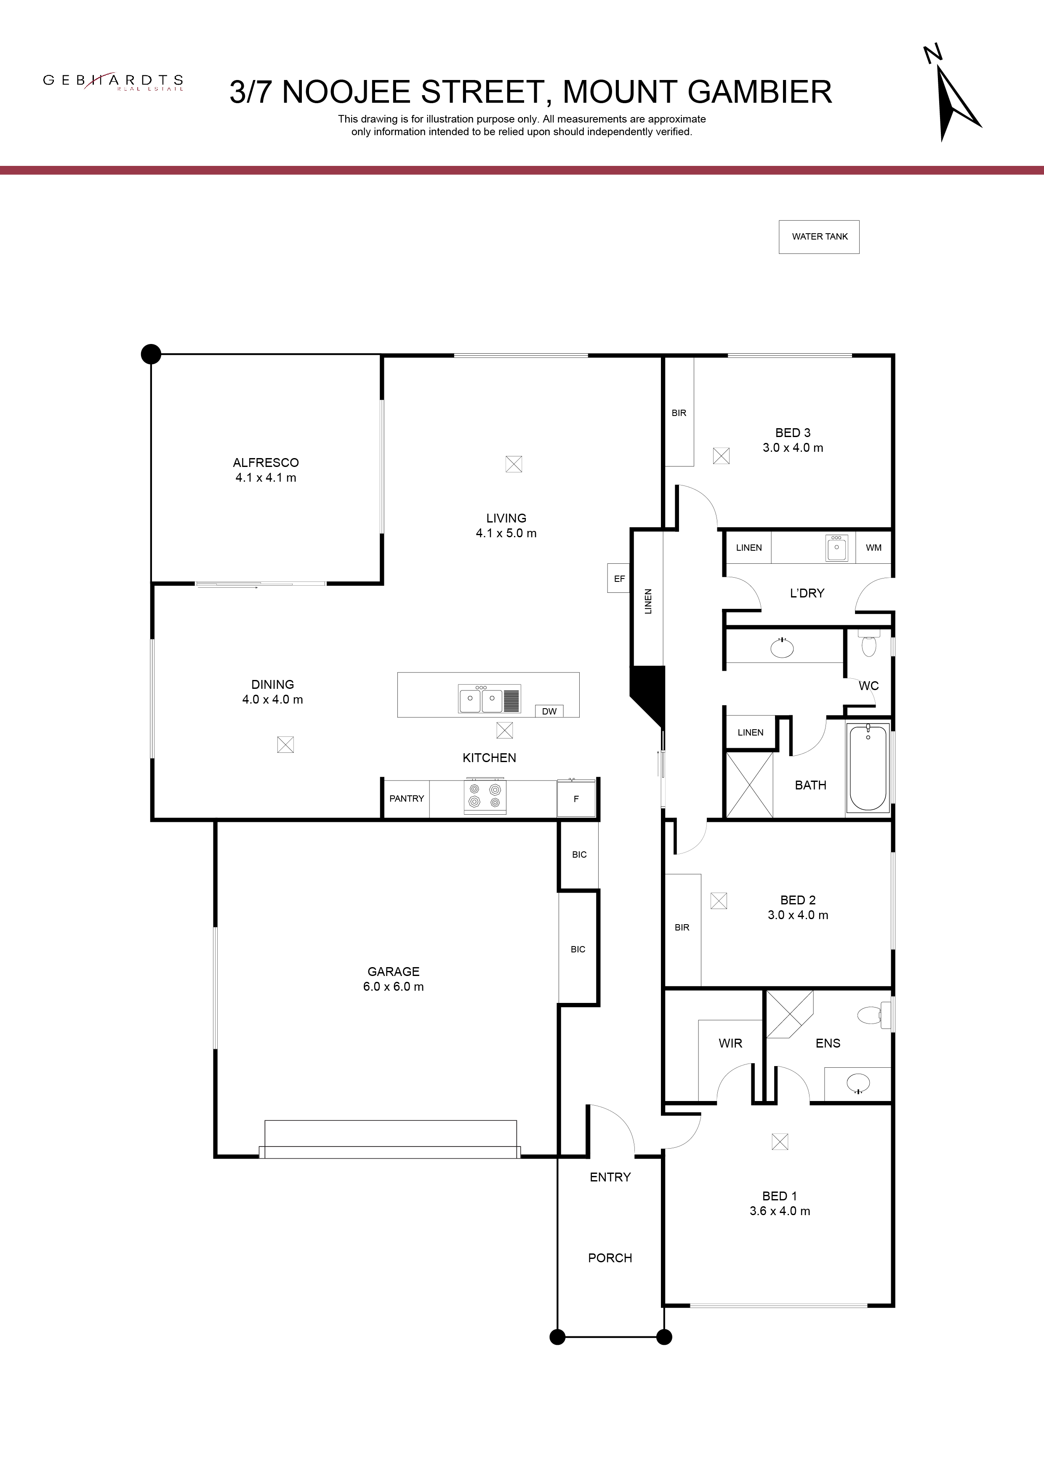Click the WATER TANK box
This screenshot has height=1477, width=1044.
(819, 237)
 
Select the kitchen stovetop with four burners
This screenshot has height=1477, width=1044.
(485, 797)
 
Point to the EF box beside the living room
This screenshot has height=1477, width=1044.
(619, 579)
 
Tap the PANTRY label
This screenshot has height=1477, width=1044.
(407, 798)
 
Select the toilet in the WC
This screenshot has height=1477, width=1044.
(869, 644)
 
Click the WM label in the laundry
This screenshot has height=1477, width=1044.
(874, 547)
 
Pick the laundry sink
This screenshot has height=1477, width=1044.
(837, 548)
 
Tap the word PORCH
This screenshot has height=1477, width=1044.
(610, 1258)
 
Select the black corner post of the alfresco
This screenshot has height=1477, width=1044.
(151, 354)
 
